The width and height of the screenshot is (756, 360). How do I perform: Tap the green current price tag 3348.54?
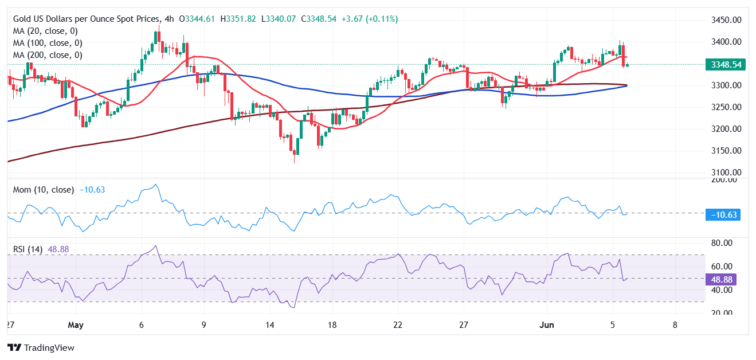726,65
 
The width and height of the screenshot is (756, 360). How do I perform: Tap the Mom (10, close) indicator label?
43,190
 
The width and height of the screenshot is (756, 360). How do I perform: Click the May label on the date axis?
76,326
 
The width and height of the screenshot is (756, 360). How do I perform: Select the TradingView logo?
41,347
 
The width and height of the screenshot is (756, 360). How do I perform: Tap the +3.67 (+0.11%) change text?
370,19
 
